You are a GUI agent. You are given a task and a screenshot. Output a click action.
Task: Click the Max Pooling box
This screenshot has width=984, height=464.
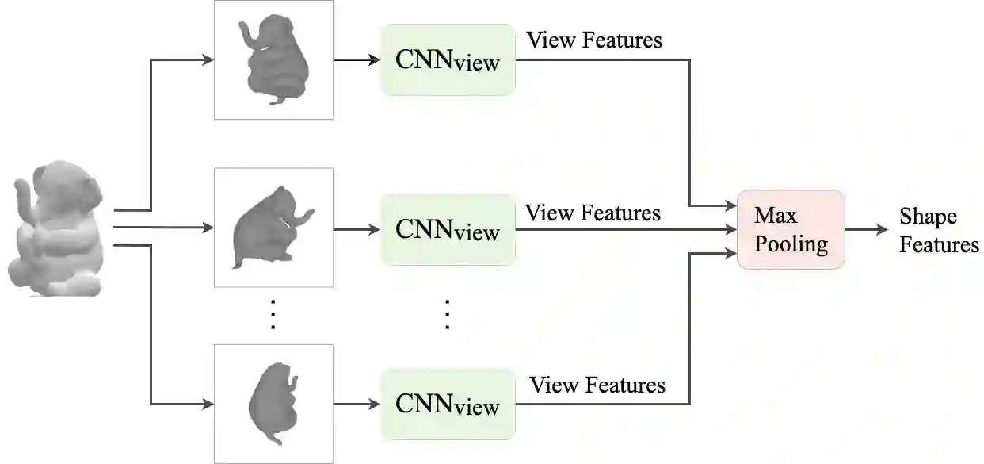pos(791,229)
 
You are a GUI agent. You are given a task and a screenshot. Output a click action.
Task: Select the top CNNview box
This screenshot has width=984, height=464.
pos(448,59)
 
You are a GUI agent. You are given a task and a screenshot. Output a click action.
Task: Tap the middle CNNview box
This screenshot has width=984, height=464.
pos(448,229)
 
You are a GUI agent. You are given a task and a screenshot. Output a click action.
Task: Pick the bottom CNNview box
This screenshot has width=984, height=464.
pos(448,404)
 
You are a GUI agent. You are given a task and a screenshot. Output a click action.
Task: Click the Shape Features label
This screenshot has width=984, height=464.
pos(939,231)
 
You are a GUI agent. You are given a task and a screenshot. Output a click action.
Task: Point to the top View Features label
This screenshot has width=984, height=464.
pos(594,40)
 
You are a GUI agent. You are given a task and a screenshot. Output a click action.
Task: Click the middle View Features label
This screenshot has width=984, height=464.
pos(593,213)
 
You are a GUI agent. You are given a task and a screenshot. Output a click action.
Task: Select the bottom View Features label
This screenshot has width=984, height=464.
pos(597,385)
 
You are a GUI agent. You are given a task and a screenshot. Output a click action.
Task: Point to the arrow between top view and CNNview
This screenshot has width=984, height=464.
pos(357,59)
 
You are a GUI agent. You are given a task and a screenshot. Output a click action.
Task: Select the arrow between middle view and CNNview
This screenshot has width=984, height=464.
pos(357,229)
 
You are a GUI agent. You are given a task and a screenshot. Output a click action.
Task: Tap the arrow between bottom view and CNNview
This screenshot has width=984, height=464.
pos(357,404)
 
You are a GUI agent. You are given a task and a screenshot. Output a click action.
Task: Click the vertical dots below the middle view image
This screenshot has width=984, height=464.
pos(273,314)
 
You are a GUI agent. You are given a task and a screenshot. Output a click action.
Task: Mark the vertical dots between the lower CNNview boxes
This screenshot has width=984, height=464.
pos(447,314)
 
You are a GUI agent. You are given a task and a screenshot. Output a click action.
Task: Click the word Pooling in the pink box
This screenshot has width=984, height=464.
pos(791,244)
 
